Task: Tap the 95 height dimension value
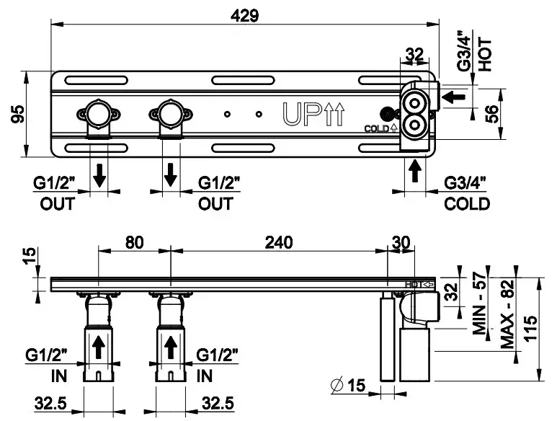pyautogui.click(x=17, y=114)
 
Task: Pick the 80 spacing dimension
pyautogui.click(x=134, y=243)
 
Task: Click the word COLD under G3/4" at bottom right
pyautogui.click(x=467, y=204)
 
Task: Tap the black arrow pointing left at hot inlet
pyautogui.click(x=453, y=96)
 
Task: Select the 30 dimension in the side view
pyautogui.click(x=401, y=243)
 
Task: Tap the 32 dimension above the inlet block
pyautogui.click(x=414, y=54)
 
